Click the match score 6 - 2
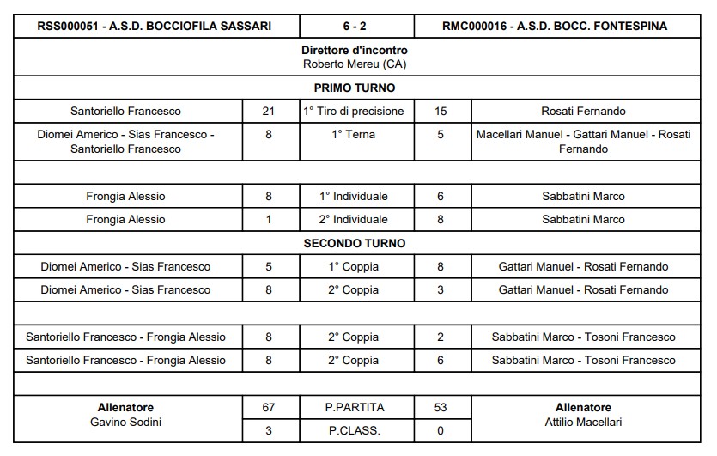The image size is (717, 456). coord(355,27)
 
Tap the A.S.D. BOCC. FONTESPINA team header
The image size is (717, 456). coord(555,27)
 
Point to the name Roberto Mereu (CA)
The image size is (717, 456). coord(355,64)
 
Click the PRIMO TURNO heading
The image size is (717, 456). coord(355,88)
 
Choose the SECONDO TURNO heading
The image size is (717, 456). coord(355,243)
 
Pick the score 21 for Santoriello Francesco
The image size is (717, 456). coord(269,111)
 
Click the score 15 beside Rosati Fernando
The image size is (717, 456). coord(441,111)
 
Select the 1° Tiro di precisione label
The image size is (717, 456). coord(355,111)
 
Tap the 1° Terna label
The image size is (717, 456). coord(355,134)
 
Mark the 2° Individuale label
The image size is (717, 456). coord(355,219)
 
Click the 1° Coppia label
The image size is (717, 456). coord(355,266)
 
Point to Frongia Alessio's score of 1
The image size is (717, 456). coord(269,219)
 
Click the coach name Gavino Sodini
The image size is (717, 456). coord(126,422)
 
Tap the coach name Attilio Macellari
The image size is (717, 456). coord(583,422)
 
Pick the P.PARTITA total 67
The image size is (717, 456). coord(269,407)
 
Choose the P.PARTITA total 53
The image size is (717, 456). coord(441,407)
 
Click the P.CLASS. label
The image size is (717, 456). coord(355,430)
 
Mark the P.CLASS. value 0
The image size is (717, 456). coord(441,430)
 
